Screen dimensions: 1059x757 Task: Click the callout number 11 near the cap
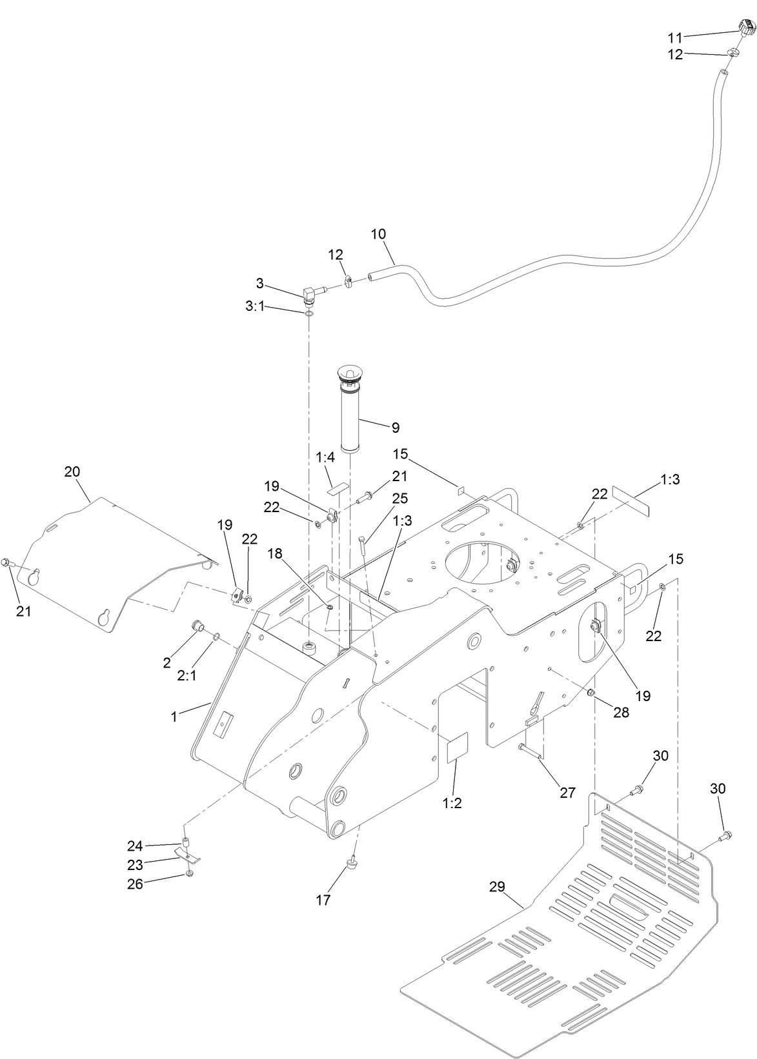pos(674,37)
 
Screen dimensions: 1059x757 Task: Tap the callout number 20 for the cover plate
pos(72,471)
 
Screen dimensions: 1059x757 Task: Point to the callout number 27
pos(567,793)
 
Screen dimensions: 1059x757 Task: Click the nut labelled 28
pos(590,693)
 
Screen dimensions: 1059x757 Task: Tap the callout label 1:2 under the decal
pos(452,803)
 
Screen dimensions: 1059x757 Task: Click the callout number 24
pos(134,846)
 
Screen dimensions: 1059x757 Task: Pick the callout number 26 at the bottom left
pos(134,884)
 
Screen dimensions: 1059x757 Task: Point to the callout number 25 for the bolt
pos(400,499)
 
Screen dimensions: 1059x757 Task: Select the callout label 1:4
pos(326,459)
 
